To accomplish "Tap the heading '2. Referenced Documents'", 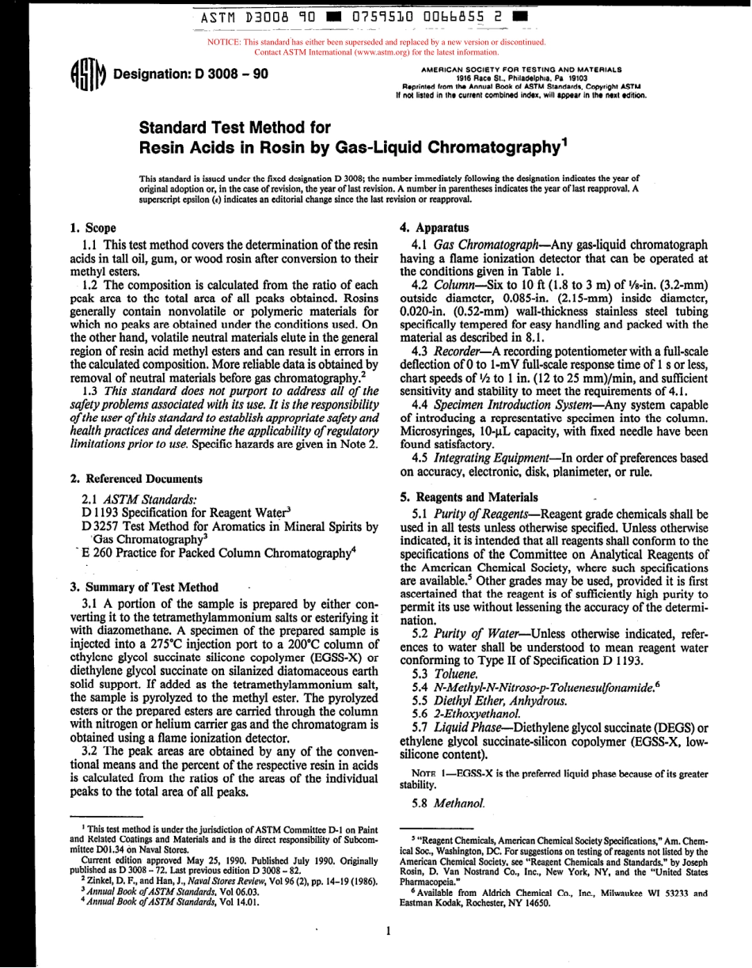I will [134, 479].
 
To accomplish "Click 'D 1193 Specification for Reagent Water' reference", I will [187, 512].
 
